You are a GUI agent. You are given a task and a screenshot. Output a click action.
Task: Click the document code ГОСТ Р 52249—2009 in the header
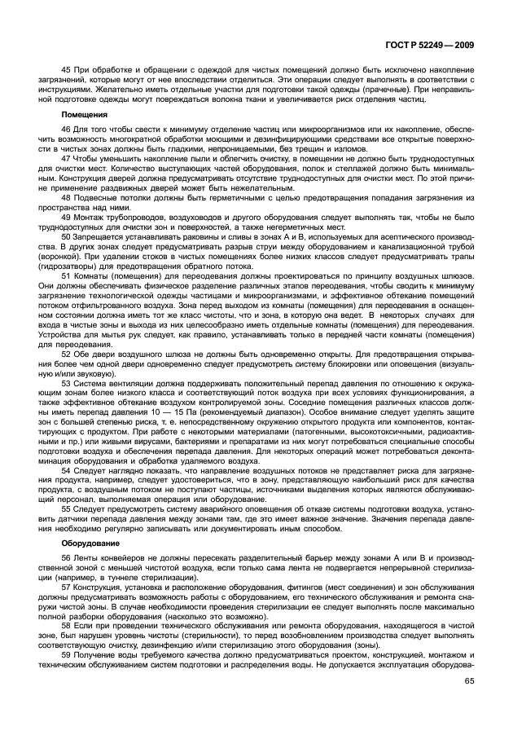pos(436,46)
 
